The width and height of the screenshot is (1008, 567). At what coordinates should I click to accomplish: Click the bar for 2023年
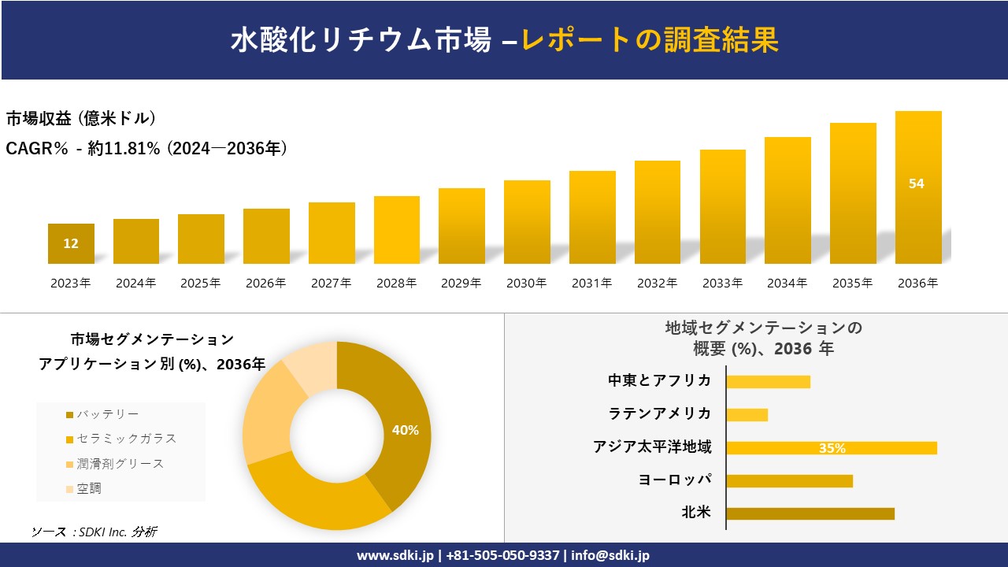click(x=71, y=244)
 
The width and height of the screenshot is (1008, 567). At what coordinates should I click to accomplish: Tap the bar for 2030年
click(x=527, y=222)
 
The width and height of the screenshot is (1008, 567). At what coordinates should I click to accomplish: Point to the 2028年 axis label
click(x=396, y=283)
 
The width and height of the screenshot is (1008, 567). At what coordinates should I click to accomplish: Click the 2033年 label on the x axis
click(x=722, y=283)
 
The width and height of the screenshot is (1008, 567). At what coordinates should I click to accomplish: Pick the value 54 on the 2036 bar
click(x=917, y=183)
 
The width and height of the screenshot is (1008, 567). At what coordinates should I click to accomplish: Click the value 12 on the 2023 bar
click(x=71, y=243)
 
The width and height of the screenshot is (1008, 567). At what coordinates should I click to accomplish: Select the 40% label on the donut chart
click(x=405, y=430)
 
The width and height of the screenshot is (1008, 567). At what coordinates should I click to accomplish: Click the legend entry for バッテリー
click(x=102, y=414)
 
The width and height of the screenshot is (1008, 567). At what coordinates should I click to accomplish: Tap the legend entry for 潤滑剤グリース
click(x=115, y=464)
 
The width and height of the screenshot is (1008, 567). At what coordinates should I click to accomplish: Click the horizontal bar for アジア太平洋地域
click(x=832, y=448)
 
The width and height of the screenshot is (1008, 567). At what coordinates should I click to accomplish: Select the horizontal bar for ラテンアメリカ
click(x=747, y=414)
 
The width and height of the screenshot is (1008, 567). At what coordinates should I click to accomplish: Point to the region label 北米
click(x=696, y=513)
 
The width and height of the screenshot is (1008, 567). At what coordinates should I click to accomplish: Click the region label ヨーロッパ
click(x=675, y=480)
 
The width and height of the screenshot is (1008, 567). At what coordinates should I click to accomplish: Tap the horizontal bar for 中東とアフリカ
click(x=768, y=381)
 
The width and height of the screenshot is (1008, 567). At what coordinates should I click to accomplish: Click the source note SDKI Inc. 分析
click(x=94, y=532)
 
